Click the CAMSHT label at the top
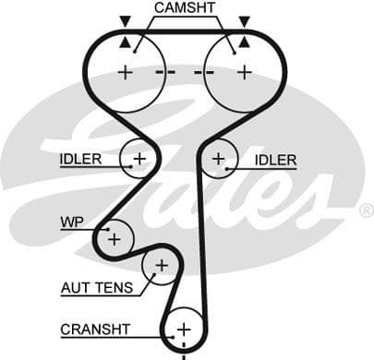coord(185,8)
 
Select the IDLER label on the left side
coord(81,160)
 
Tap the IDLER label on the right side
coord(275,161)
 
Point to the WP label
coord(72,222)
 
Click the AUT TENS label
coord(96,287)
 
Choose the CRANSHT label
coord(95,329)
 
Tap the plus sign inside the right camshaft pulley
coord(244,72)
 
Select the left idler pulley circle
coord(139,160)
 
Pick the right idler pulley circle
coord(218,159)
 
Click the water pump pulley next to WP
coord(115,238)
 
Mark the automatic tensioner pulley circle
coord(162,267)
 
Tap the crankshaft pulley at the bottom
coord(183,329)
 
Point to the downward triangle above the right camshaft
coord(244,19)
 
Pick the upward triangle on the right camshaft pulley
coord(244,41)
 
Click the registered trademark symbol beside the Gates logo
coord(366,210)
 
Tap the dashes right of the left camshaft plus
coord(166,72)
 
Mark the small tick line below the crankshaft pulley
coord(183,354)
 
